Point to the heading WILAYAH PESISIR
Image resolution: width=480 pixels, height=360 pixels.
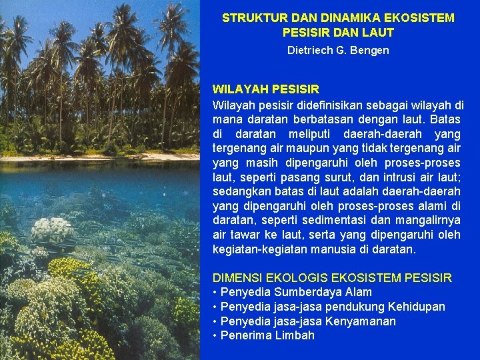(265, 89)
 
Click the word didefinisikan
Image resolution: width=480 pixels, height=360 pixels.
(323, 105)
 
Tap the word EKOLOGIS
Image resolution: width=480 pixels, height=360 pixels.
(294, 277)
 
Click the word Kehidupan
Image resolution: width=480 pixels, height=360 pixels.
(416, 307)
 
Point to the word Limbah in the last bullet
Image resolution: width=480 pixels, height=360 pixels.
(294, 335)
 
